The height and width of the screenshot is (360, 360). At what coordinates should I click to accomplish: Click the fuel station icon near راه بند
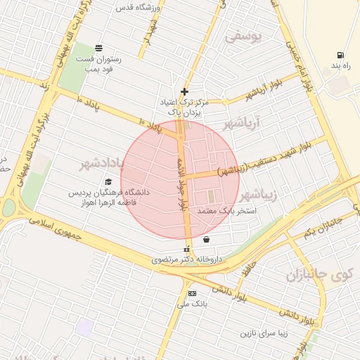tap(340, 55)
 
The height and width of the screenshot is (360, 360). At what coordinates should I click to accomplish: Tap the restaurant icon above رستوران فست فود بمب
tap(98, 49)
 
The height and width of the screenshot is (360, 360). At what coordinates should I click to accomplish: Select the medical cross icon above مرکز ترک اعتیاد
tap(184, 91)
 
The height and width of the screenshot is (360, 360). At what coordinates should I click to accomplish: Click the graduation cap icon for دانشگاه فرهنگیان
tap(108, 182)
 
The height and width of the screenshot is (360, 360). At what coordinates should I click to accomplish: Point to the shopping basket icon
tap(205, 239)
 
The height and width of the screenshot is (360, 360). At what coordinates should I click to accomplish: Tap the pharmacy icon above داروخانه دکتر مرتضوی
tap(186, 250)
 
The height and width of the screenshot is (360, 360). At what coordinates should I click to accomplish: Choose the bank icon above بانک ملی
tap(191, 293)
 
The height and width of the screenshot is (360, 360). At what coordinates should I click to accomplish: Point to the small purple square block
tap(86, 326)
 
